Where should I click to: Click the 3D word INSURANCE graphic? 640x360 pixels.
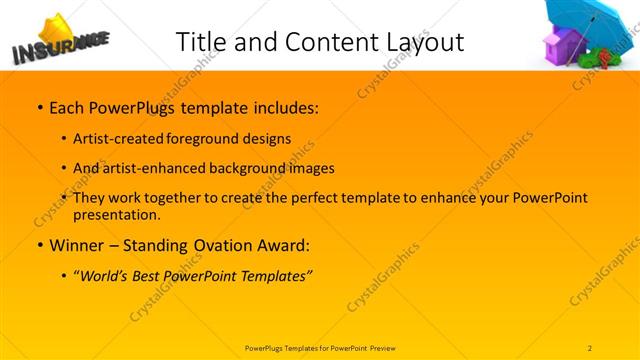click(55, 46)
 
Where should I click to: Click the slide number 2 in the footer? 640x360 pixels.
click(590, 347)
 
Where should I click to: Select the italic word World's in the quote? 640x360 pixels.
click(108, 275)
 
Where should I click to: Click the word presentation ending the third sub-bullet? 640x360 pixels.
click(116, 214)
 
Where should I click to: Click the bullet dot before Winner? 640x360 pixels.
click(38, 245)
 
